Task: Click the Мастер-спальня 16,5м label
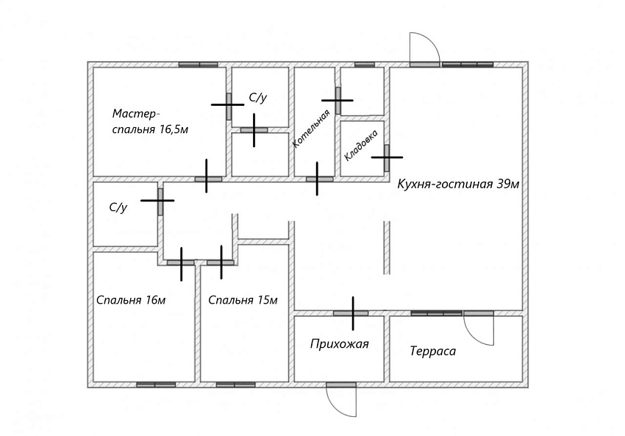150,121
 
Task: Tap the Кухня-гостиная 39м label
458,184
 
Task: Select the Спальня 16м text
131,300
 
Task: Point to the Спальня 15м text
243,300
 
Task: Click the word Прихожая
339,343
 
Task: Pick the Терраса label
433,351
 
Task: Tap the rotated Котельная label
311,129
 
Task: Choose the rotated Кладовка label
361,146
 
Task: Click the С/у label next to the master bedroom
258,98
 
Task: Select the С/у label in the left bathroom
118,207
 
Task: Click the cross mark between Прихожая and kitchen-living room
353,313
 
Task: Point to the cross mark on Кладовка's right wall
387,157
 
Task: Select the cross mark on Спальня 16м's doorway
182,263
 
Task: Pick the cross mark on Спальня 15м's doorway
221,262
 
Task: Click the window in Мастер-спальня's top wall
198,65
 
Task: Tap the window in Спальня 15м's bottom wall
235,385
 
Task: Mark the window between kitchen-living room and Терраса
437,313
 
